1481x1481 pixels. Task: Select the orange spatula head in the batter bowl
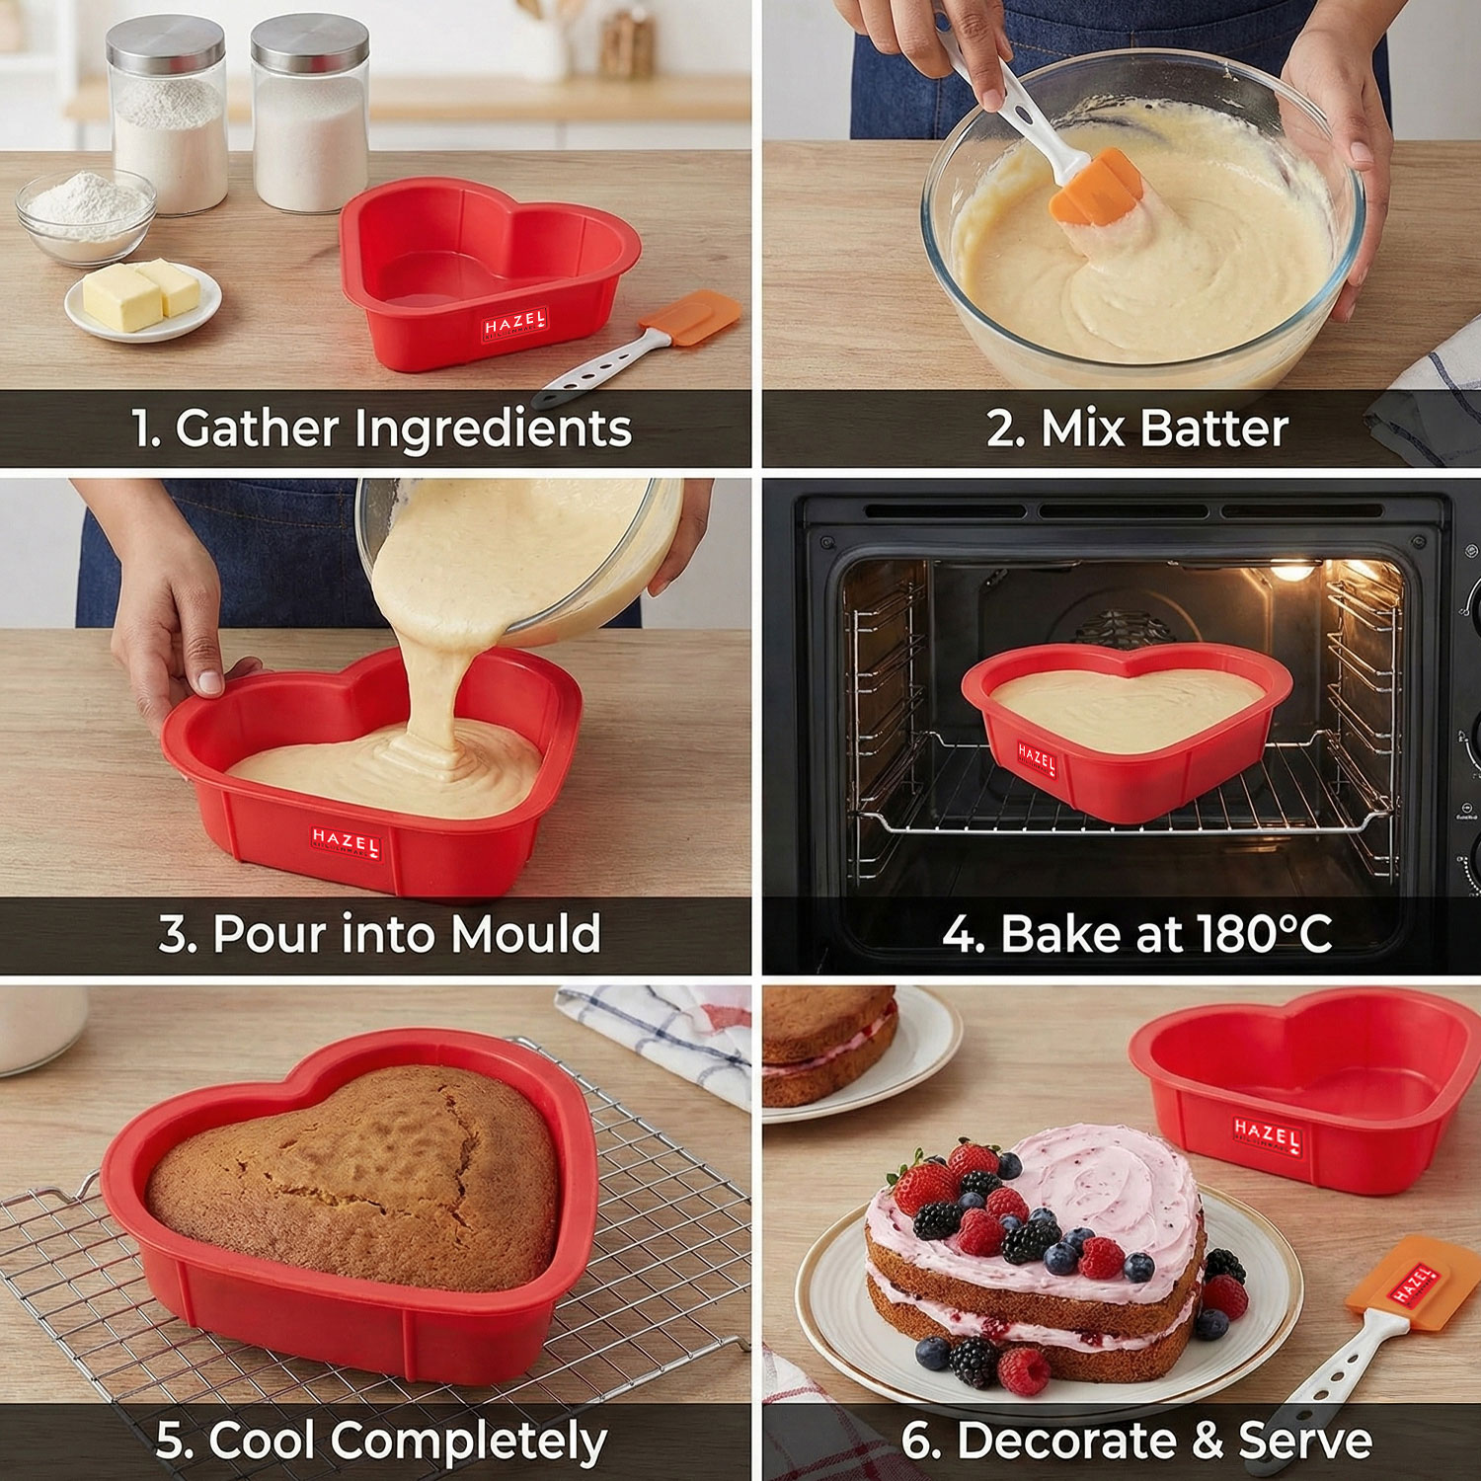tap(1096, 188)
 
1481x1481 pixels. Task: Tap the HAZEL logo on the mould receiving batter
tap(346, 844)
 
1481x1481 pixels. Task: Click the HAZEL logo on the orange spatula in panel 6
tap(1411, 1284)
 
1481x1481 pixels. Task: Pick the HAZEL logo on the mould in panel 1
tap(514, 326)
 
